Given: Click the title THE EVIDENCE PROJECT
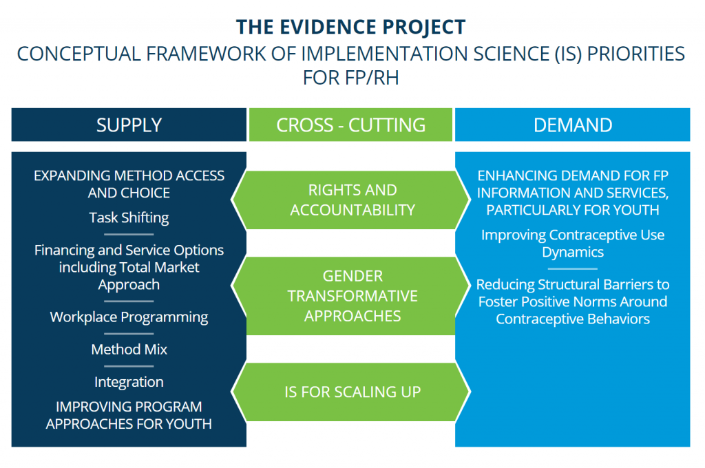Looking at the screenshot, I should [351, 27].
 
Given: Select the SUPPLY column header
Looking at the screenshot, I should [129, 125].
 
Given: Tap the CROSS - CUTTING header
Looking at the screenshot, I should [350, 125].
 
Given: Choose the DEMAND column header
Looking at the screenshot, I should [572, 125].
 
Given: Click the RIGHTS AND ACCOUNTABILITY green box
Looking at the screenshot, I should [352, 200].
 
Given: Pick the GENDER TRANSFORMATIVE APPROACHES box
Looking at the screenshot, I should [352, 296].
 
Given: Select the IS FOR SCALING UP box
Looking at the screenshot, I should [352, 392].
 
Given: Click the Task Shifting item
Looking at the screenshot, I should [129, 217].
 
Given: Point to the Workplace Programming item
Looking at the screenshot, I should [129, 317].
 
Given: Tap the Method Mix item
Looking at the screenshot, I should [129, 349].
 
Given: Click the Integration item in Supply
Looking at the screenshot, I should [129, 381].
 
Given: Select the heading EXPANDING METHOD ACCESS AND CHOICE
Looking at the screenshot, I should [129, 184].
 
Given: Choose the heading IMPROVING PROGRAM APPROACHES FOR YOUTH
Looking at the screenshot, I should [129, 415].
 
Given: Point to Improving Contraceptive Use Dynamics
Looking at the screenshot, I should [572, 243].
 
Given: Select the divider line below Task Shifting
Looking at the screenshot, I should [129, 235].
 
